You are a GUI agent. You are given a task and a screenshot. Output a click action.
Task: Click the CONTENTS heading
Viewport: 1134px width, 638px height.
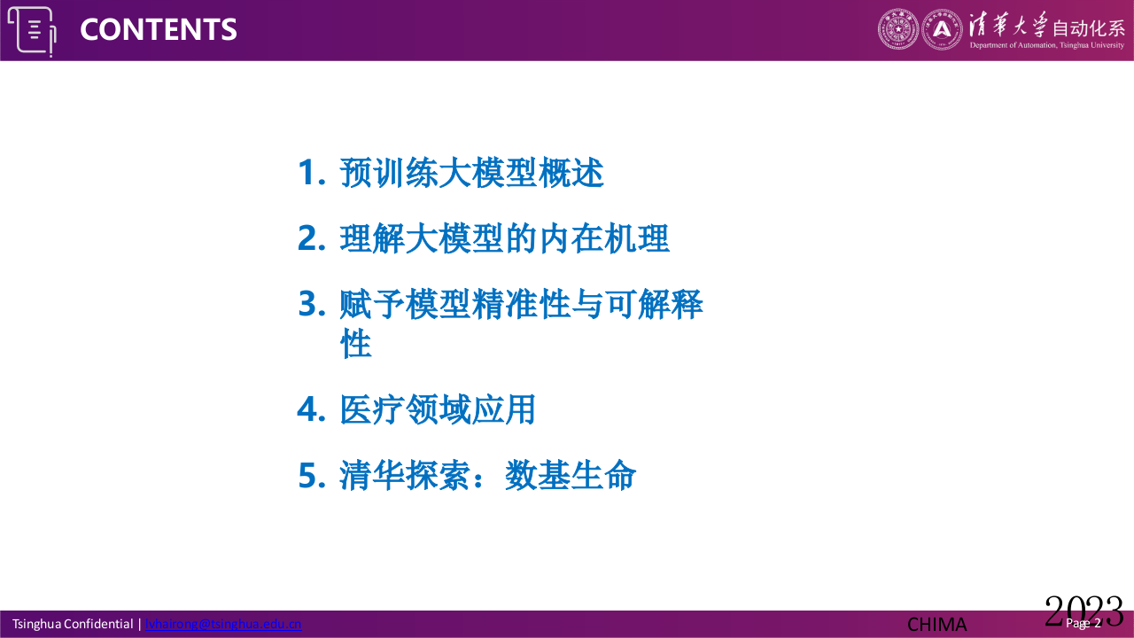click(159, 29)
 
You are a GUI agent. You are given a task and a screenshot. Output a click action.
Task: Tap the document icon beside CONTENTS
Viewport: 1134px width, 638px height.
click(32, 30)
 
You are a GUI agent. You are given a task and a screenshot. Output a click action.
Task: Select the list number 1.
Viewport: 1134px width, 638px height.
click(312, 173)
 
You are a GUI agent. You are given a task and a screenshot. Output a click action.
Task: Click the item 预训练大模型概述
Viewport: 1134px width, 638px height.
click(471, 173)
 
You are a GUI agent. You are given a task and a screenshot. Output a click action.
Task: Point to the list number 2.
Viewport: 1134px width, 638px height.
click(312, 238)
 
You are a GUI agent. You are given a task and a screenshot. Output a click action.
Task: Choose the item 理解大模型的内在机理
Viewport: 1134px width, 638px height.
click(504, 238)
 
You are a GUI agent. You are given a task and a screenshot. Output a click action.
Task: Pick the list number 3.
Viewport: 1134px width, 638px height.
click(312, 305)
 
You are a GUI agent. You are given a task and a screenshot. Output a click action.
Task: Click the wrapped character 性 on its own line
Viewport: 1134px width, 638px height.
click(356, 344)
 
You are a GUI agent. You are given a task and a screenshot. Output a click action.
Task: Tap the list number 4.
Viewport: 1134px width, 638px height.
click(312, 410)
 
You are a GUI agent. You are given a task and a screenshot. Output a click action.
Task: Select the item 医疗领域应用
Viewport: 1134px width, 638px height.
click(438, 410)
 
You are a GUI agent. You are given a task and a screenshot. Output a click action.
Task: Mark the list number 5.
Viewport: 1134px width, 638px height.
click(312, 476)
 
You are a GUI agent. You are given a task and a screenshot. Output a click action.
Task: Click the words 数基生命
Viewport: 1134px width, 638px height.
click(571, 476)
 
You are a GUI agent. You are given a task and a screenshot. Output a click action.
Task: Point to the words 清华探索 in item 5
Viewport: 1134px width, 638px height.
click(405, 476)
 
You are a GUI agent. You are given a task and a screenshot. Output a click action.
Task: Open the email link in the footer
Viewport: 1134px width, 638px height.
click(223, 624)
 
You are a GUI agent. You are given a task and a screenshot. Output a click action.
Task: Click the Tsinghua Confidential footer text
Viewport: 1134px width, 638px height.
click(72, 624)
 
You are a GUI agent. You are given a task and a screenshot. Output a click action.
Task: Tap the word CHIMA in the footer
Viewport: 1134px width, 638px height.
click(936, 624)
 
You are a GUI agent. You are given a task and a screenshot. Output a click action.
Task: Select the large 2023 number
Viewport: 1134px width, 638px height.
click(1083, 611)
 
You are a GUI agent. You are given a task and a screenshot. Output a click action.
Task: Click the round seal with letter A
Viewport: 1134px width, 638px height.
click(942, 29)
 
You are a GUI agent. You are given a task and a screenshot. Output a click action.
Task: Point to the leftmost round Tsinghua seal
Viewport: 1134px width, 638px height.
click(898, 29)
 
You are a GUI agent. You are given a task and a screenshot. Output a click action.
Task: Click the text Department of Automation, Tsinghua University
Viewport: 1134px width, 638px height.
click(1046, 45)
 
